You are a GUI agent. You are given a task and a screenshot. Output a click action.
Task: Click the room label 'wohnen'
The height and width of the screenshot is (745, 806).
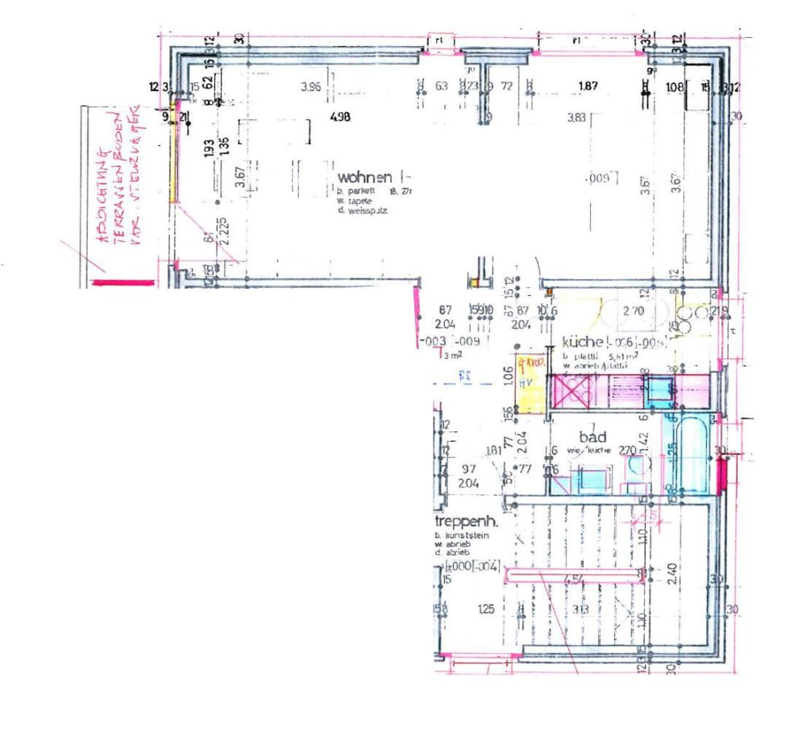pyautogui.click(x=364, y=177)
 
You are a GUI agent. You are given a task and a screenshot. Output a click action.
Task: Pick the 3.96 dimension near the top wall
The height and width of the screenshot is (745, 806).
pyautogui.click(x=310, y=87)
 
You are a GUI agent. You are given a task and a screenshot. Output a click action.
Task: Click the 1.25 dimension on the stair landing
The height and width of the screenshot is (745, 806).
pyautogui.click(x=485, y=610)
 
